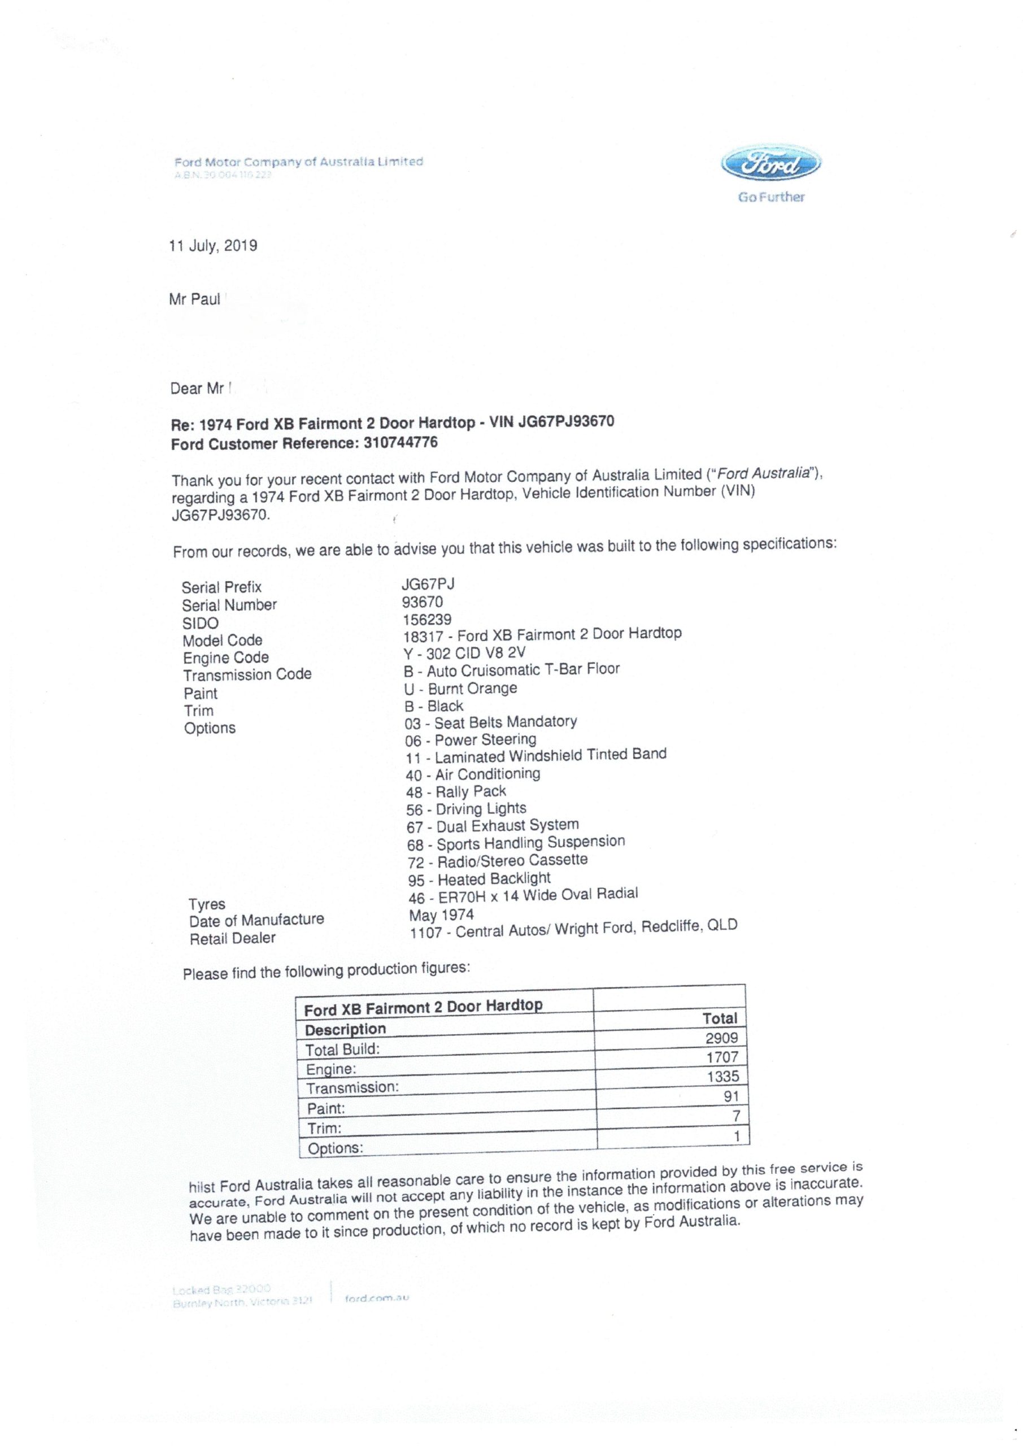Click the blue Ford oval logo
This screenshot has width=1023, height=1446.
[771, 165]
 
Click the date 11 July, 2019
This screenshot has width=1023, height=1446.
[213, 246]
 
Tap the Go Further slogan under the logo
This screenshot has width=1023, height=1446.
[771, 197]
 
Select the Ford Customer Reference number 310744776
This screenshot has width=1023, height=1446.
[400, 442]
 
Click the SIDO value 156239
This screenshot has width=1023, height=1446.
[426, 620]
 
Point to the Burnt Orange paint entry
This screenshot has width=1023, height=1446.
[460, 689]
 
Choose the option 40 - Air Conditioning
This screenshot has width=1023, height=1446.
[473, 774]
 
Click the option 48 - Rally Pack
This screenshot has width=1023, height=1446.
[456, 792]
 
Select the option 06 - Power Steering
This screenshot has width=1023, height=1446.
[471, 739]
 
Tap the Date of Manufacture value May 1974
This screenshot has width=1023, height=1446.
[441, 914]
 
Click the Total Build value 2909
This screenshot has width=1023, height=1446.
[721, 1038]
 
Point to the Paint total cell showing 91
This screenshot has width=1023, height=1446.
[731, 1096]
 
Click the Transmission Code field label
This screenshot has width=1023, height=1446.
[247, 674]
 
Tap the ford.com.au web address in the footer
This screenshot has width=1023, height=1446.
[377, 1298]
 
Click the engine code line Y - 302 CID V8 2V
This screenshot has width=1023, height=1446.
[464, 652]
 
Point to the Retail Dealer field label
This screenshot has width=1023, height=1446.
[232, 938]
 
